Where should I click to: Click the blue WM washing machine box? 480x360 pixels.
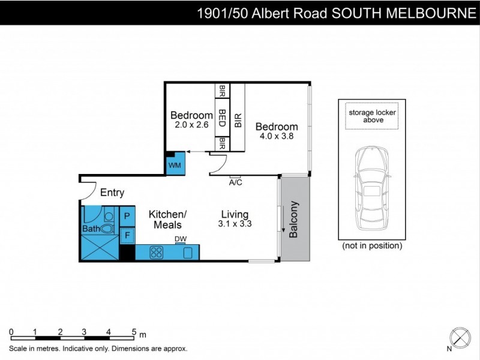(x=176, y=164)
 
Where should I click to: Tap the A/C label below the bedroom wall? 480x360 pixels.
(x=235, y=182)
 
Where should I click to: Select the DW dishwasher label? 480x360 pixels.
(x=180, y=239)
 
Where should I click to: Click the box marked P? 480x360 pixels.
(x=127, y=215)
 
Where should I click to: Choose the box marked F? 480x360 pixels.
(x=127, y=235)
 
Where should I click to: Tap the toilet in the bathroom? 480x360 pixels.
(x=108, y=228)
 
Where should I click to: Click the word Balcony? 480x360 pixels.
(x=294, y=220)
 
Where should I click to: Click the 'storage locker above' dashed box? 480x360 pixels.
(x=372, y=116)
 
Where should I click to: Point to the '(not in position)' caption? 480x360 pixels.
(x=372, y=245)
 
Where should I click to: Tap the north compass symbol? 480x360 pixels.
(x=460, y=336)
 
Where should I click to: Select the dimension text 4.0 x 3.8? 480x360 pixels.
(x=277, y=137)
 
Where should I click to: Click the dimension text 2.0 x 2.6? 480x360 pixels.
(x=191, y=125)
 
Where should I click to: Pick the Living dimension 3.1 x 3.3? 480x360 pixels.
(x=235, y=225)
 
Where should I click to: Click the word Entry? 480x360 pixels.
(x=112, y=193)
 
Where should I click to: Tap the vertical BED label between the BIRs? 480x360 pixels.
(x=221, y=119)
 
